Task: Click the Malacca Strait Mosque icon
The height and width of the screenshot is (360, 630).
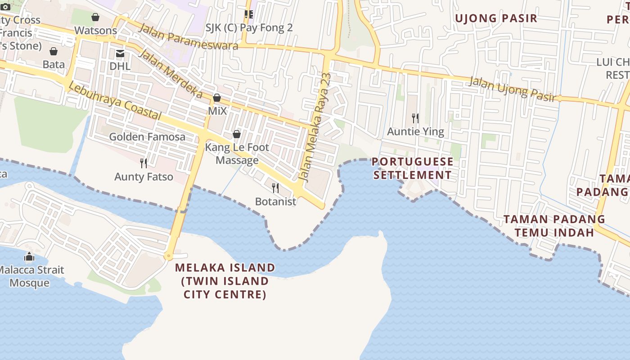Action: pyautogui.click(x=29, y=257)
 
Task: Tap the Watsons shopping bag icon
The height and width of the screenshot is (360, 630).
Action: pyautogui.click(x=95, y=18)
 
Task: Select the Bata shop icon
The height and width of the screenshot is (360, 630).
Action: pyautogui.click(x=54, y=51)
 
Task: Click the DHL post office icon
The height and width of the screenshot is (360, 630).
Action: pyautogui.click(x=120, y=54)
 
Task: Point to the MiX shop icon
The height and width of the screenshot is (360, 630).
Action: pyautogui.click(x=217, y=98)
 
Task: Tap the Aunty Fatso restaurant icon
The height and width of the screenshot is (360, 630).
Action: pyautogui.click(x=144, y=163)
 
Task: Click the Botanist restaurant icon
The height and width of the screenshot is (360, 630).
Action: pyautogui.click(x=275, y=188)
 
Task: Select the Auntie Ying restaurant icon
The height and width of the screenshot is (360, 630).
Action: pyautogui.click(x=415, y=118)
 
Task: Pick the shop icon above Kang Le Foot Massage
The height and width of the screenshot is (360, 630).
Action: pyautogui.click(x=237, y=134)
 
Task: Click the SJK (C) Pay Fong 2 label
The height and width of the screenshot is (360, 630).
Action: pyautogui.click(x=249, y=28)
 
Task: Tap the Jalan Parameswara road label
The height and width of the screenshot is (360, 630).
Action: pyautogui.click(x=188, y=37)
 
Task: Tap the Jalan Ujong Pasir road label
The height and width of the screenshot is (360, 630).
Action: pyautogui.click(x=513, y=89)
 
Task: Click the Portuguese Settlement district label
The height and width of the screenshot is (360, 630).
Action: pyautogui.click(x=413, y=168)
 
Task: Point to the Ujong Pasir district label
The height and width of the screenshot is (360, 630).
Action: pyautogui.click(x=496, y=18)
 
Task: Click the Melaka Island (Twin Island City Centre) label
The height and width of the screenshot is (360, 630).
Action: pyautogui.click(x=225, y=281)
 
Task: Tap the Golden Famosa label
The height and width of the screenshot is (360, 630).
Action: pyautogui.click(x=147, y=137)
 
